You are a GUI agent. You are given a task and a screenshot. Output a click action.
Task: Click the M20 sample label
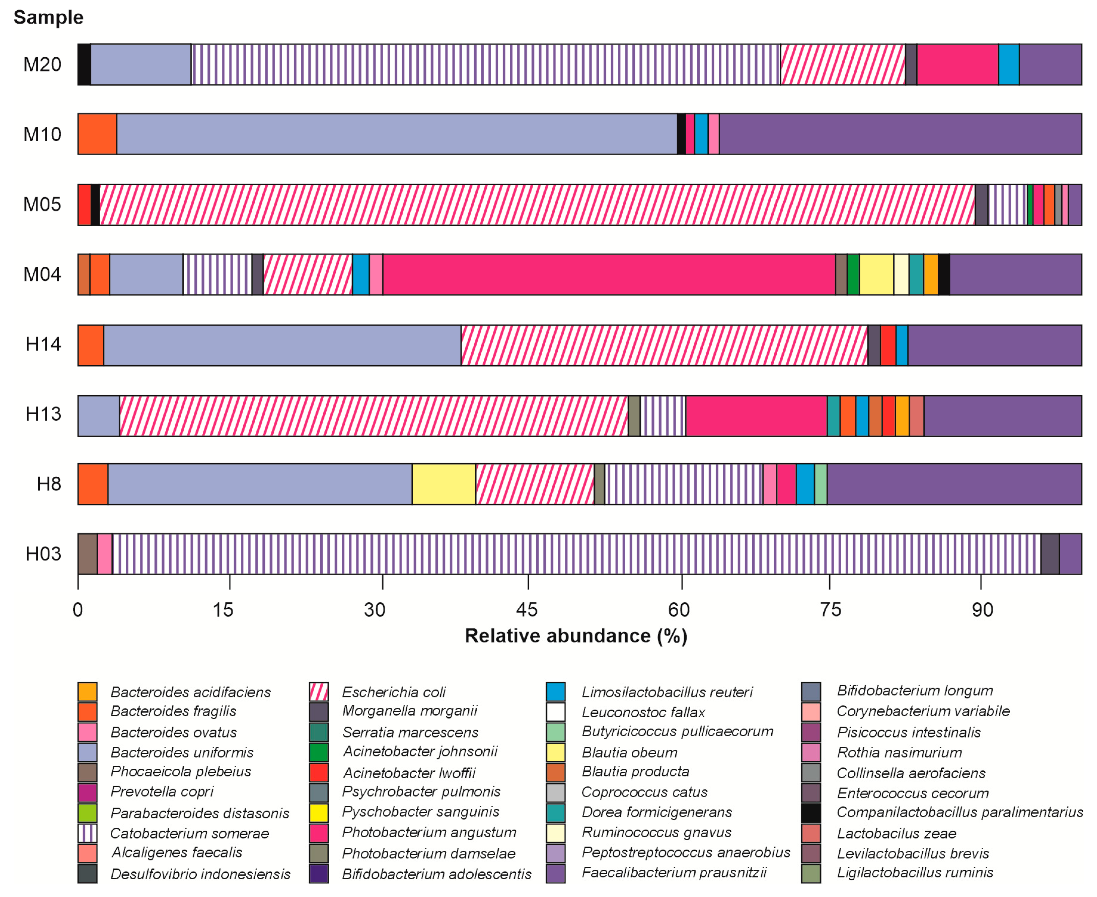click(42, 64)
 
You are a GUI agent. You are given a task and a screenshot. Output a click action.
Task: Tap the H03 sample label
click(43, 554)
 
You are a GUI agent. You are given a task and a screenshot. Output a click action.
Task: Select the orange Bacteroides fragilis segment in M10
click(97, 134)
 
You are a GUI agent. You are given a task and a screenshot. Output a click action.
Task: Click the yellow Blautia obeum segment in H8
click(444, 484)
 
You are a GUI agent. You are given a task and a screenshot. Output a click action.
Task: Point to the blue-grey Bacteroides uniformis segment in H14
click(282, 345)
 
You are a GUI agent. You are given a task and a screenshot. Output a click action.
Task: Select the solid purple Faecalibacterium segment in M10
click(899, 134)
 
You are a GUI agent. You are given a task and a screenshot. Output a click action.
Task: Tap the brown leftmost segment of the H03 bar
click(87, 554)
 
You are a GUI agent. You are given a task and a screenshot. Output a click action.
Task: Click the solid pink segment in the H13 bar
click(756, 416)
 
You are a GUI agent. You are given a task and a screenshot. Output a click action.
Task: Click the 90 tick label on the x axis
click(982, 610)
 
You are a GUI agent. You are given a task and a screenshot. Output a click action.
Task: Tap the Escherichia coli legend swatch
click(319, 692)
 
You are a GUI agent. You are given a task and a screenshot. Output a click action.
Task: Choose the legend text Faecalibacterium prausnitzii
click(674, 873)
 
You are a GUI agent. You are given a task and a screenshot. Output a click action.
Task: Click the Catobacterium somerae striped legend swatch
click(87, 833)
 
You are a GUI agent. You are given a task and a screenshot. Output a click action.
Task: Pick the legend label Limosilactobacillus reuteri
click(667, 692)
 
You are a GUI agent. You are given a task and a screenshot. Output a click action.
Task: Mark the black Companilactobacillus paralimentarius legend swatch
click(811, 813)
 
